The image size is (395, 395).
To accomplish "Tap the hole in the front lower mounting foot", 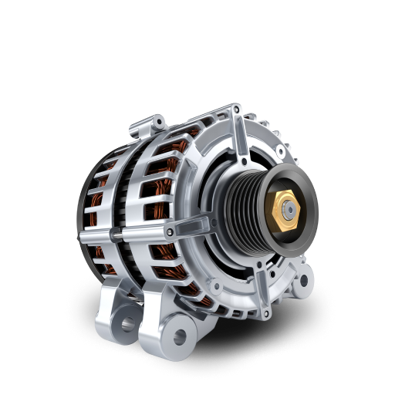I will click(179, 336).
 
